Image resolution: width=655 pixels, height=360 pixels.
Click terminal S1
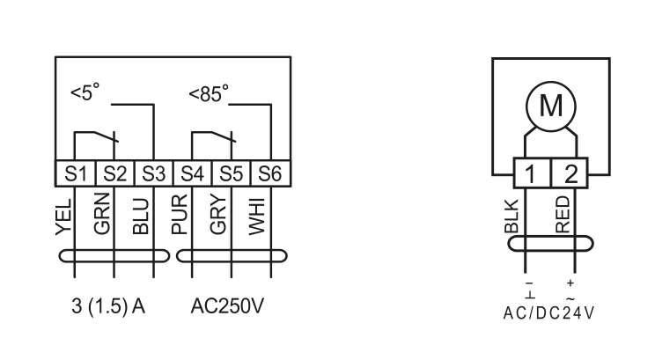tap(75, 173)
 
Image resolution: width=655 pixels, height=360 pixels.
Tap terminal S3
tap(153, 173)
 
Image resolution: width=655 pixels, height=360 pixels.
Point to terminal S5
tap(232, 173)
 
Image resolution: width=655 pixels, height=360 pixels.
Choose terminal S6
tap(269, 173)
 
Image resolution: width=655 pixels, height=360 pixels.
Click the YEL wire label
tap(61, 217)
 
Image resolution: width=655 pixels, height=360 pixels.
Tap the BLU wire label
tap(140, 215)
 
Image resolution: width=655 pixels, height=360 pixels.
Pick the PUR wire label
tap(179, 215)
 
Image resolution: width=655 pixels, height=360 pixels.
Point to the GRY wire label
tap(218, 214)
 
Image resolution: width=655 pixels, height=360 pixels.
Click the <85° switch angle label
tap(209, 92)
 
